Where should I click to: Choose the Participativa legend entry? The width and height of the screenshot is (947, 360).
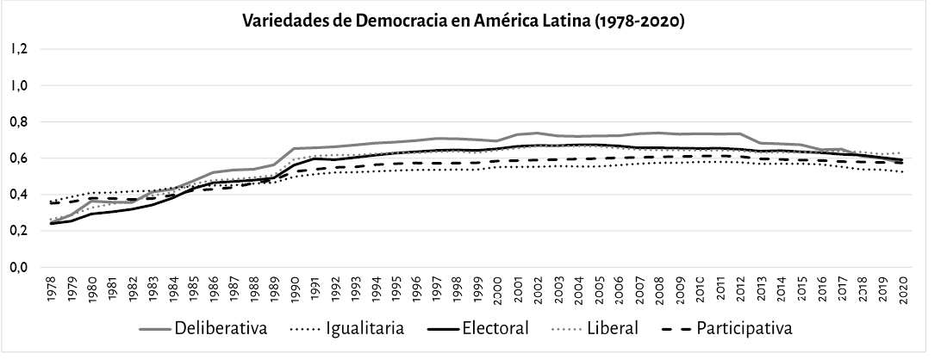tap(745, 328)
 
